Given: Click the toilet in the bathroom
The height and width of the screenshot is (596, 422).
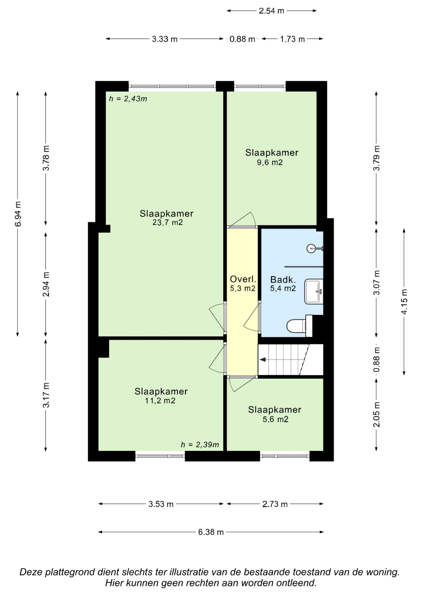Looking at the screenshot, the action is click(x=299, y=326).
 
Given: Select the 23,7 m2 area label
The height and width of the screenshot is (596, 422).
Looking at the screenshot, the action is click(x=167, y=222).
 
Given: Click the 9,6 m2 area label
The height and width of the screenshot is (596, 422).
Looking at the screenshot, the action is click(x=270, y=163).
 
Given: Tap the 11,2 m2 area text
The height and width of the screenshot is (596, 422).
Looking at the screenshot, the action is click(x=160, y=401).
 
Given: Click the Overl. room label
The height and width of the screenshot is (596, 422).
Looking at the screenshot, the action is click(x=243, y=279).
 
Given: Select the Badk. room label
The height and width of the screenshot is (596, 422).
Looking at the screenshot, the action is click(x=283, y=280).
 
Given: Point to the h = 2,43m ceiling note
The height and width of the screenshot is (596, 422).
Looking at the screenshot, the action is click(x=128, y=99).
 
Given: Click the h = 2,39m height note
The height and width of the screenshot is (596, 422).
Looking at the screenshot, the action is click(x=200, y=445).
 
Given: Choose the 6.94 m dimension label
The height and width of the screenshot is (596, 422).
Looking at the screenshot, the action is click(x=18, y=214).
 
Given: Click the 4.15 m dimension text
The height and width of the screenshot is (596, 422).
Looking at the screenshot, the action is click(x=404, y=302).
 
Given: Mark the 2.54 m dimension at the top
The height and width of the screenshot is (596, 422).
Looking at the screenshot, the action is click(x=271, y=11).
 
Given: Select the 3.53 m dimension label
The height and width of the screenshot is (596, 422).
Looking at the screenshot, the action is click(x=161, y=504).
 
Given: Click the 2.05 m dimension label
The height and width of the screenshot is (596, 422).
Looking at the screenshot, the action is click(x=376, y=415).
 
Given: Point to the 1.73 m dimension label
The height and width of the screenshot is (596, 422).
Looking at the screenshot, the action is click(x=292, y=39).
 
